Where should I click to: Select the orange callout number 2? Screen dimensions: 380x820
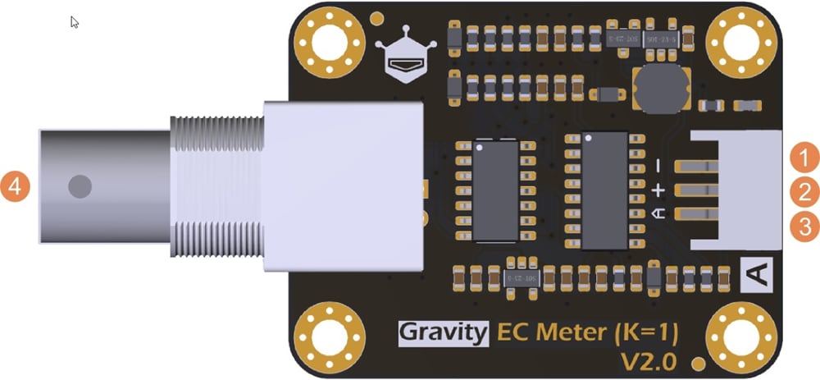[805, 192]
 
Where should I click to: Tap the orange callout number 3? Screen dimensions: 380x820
[805, 227]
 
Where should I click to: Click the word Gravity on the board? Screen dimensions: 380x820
[444, 332]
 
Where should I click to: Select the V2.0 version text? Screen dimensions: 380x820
[649, 359]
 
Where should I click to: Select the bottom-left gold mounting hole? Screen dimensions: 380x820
[330, 336]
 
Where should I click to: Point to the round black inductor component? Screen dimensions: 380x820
[660, 88]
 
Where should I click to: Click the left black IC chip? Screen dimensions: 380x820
[496, 190]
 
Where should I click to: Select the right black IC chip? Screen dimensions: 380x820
[604, 190]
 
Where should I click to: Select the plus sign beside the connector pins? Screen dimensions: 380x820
[658, 190]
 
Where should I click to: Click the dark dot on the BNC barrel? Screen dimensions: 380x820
[80, 186]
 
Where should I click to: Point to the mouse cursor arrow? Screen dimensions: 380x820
[75, 22]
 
